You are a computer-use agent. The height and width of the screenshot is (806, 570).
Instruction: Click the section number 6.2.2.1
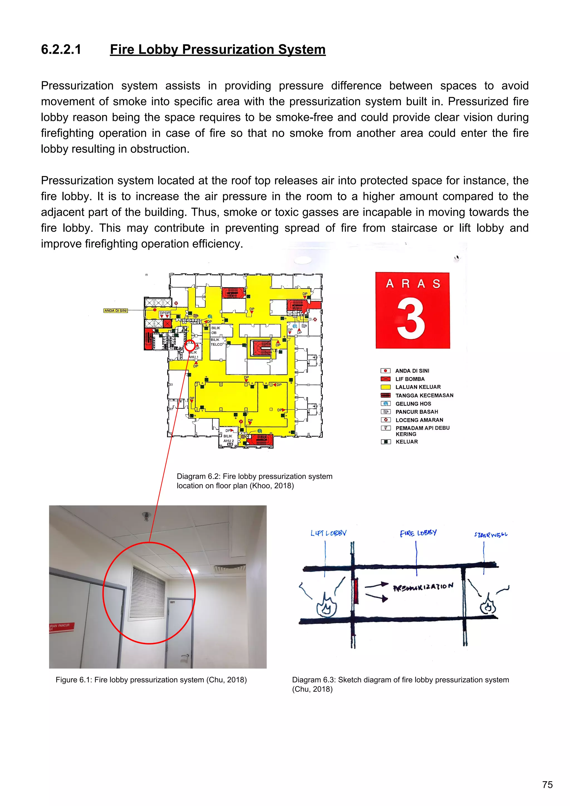coord(61,50)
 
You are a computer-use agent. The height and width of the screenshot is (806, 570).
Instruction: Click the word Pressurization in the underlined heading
coord(228,50)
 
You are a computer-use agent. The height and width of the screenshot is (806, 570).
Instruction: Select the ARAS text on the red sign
coord(413,283)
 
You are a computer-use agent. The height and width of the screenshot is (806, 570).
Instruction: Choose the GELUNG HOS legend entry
coord(413,404)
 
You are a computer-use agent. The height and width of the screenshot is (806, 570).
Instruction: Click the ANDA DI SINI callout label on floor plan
coord(116,311)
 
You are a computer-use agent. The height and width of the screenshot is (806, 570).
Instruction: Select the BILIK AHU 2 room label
coord(228,438)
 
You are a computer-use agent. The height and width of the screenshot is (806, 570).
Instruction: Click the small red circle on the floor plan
coord(190,346)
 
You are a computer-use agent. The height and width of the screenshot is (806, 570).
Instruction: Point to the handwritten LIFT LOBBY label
coord(328,533)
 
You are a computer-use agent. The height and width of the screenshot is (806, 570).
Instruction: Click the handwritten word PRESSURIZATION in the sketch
coord(423,587)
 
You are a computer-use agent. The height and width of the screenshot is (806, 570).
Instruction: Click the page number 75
coord(547,785)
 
